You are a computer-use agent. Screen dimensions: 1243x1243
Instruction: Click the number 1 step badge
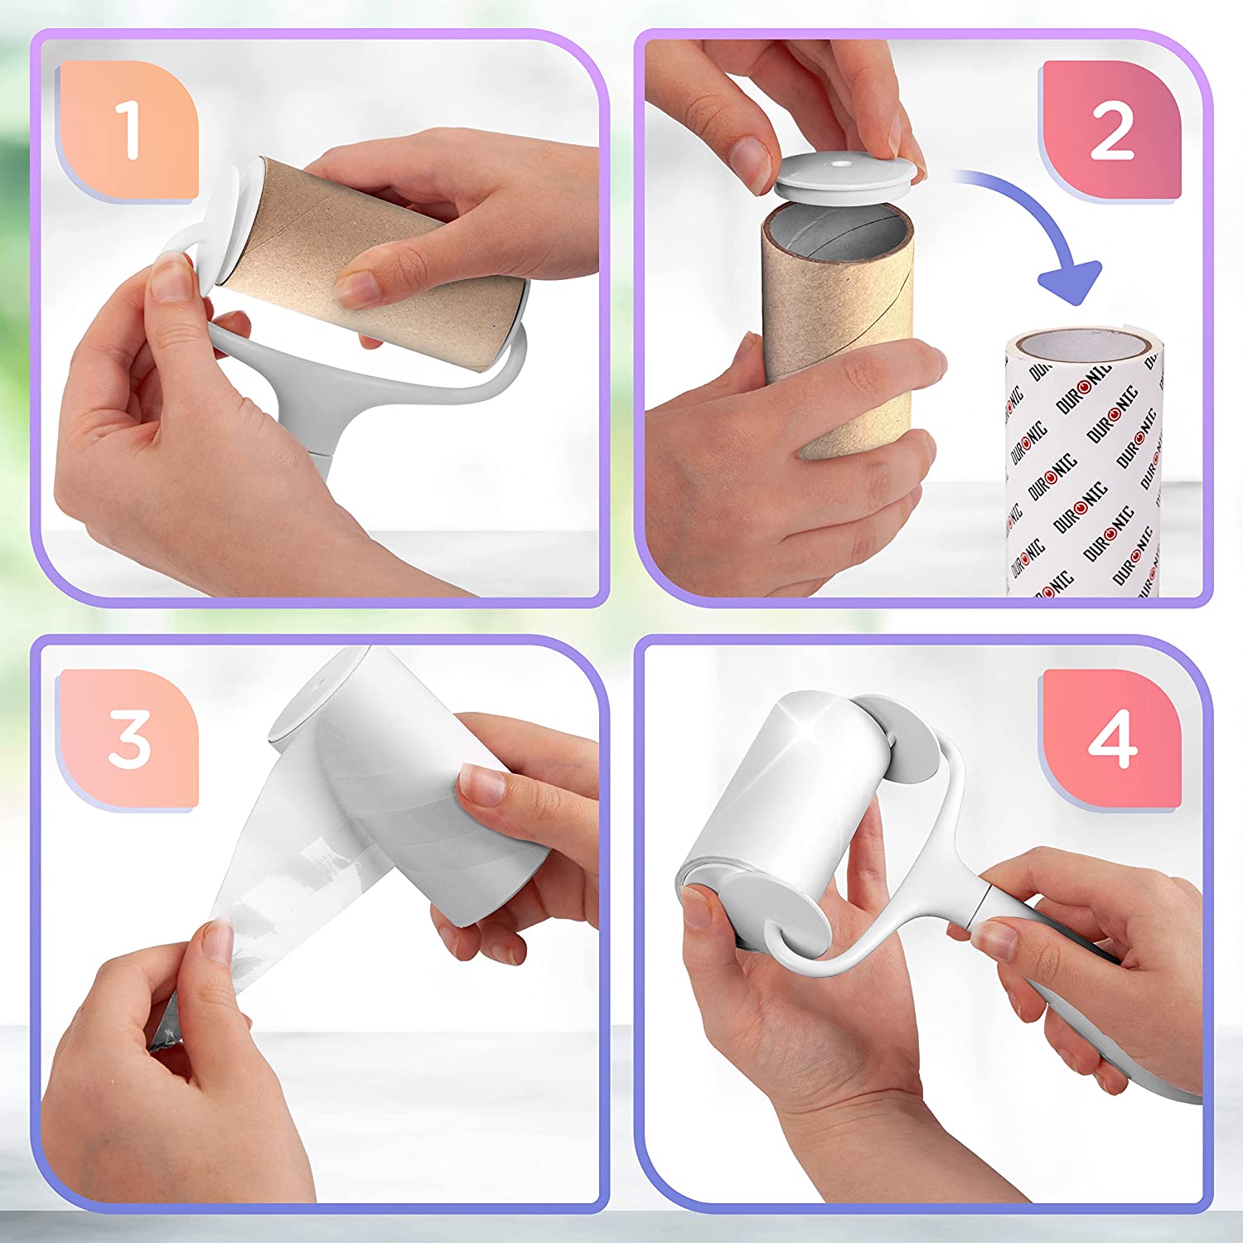point(128,130)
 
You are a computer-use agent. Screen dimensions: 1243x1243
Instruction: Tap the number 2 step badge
point(1111,130)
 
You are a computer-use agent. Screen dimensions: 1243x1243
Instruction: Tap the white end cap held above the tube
point(837,173)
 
